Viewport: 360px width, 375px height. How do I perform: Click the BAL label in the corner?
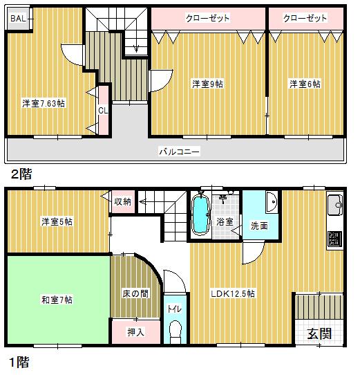click(18, 18)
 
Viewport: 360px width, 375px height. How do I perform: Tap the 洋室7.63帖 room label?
click(43, 104)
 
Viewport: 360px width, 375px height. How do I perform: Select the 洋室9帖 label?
click(207, 84)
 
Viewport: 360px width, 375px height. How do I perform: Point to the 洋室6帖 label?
click(305, 84)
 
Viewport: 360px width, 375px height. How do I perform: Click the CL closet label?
click(102, 110)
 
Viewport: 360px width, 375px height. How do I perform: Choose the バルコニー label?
click(179, 150)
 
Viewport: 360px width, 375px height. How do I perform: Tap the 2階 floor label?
click(21, 173)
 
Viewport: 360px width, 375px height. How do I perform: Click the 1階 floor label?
click(20, 360)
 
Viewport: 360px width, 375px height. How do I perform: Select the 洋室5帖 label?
click(57, 221)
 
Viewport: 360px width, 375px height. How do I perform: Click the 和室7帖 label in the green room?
click(57, 300)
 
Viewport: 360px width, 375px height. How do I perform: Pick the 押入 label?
click(136, 332)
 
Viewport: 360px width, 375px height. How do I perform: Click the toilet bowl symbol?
click(175, 329)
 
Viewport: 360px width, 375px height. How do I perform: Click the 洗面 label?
click(260, 225)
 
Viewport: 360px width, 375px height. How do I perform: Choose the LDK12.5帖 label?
click(233, 293)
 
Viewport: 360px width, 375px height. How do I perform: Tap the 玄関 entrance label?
click(319, 333)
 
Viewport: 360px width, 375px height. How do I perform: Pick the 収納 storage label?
click(123, 201)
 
